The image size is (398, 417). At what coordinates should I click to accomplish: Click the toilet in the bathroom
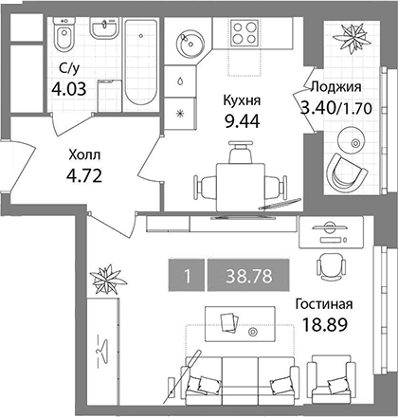pos(64,34)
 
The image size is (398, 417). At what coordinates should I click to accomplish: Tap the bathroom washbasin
pos(104,27)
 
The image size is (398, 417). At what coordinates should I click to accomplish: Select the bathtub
pos(140,63)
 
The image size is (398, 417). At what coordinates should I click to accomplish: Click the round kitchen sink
pos(190,44)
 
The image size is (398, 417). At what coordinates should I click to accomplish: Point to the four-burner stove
pos(244,32)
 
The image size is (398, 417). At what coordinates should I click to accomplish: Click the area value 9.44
pos(242,121)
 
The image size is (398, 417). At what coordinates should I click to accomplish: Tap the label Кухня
pos(242,100)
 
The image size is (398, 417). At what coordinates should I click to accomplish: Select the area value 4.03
pos(69,89)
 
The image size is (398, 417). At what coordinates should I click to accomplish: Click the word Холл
pos(84,155)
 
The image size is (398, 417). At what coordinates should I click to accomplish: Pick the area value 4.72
pos(84,175)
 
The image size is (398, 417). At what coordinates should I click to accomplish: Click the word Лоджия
pos(335,86)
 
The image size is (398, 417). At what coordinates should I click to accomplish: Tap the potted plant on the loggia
pos(352,38)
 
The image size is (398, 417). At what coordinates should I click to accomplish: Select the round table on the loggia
pos(351,140)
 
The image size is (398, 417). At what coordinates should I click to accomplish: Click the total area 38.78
pos(249,276)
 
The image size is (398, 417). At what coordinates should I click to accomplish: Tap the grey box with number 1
pos(187,275)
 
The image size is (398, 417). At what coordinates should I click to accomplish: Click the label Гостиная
pos(324,304)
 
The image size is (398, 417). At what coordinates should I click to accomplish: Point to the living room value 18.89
pos(325,324)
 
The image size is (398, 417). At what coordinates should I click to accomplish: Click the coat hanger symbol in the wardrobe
pos(102,350)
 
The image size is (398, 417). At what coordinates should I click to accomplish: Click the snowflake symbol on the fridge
pos(179,113)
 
